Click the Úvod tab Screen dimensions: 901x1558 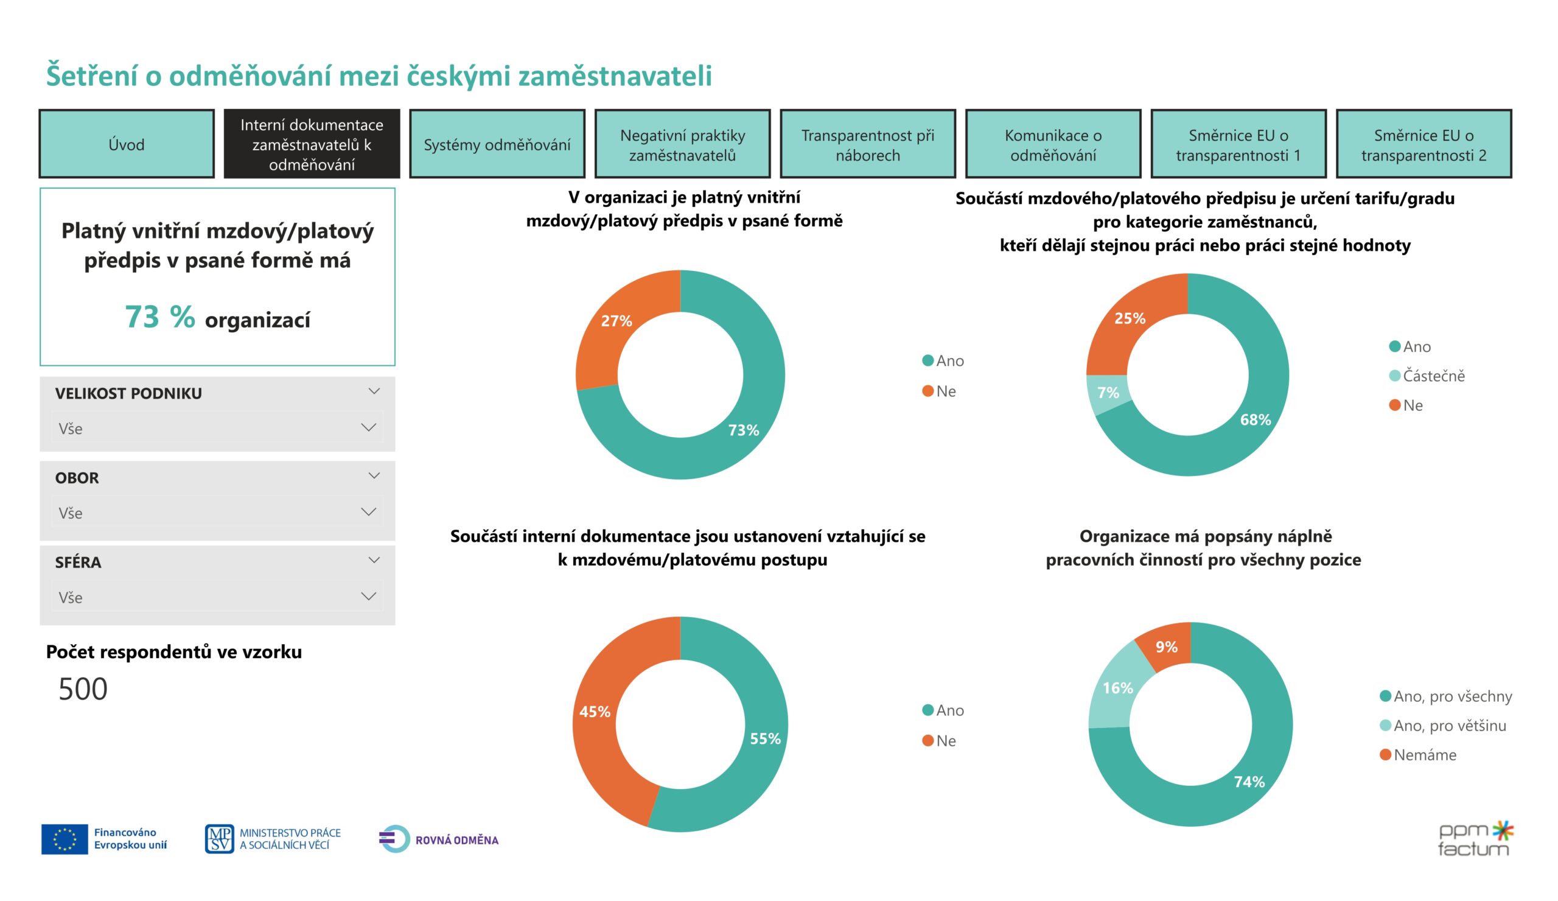(126, 144)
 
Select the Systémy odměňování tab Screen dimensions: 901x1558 (497, 144)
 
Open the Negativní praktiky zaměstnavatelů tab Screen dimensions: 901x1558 (682, 144)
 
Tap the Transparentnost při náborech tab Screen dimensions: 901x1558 (867, 144)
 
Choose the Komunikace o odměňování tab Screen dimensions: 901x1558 (1053, 144)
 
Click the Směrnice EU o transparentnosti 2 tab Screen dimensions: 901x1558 (1424, 144)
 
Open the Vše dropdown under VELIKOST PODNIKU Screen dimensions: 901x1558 (217, 428)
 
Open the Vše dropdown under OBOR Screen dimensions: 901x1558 (217, 512)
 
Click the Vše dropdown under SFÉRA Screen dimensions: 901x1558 (217, 597)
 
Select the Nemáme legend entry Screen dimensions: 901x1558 (1424, 754)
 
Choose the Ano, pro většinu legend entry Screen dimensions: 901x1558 (1449, 726)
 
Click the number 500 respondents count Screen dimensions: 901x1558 (83, 689)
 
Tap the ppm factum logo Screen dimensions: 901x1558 (1475, 839)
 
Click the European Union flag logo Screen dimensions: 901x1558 (65, 839)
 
